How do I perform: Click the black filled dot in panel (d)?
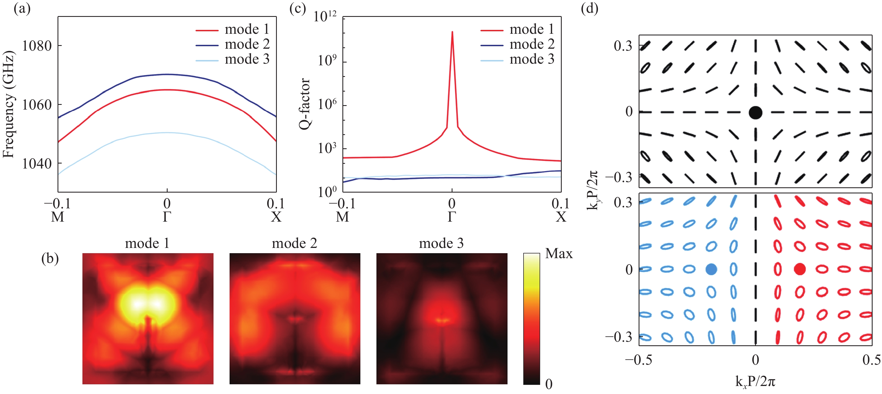tap(755, 112)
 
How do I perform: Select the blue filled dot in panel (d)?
tap(711, 269)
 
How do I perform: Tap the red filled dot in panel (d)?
tap(800, 269)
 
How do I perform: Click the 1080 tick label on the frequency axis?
tap(37, 46)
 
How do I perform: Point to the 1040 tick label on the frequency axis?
tap(37, 164)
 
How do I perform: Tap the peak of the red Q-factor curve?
tap(452, 32)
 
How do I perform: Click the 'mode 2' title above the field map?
tap(295, 243)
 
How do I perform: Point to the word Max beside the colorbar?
tap(559, 253)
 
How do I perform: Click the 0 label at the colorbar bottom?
tap(548, 384)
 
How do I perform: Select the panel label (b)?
tap(50, 258)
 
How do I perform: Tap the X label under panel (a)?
tap(276, 217)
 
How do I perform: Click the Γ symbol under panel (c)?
tap(452, 217)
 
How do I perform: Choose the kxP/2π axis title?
tap(755, 381)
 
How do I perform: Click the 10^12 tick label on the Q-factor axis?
tap(325, 16)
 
